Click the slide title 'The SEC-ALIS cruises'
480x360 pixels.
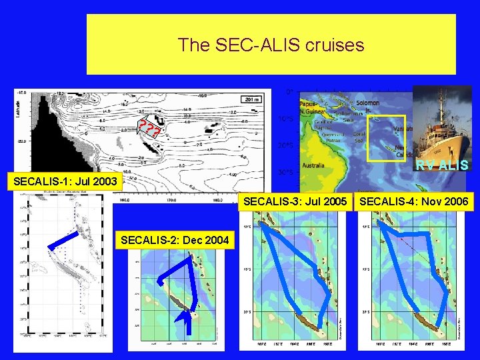tap(271, 45)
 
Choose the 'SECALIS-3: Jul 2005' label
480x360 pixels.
tap(295, 201)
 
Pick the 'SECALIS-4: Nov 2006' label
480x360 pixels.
tap(414, 201)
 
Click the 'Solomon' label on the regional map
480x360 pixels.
tap(367, 103)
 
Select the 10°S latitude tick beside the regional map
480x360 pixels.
tap(283, 119)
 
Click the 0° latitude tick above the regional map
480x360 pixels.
tap(289, 91)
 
